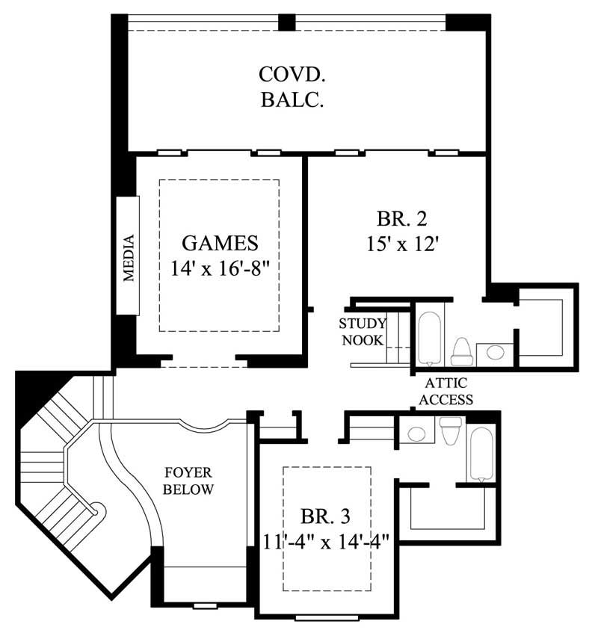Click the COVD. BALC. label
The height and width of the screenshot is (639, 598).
[292, 87]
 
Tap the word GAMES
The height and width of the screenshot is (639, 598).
[221, 243]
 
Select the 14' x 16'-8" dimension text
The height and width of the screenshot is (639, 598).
[221, 268]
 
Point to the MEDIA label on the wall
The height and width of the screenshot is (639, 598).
[129, 258]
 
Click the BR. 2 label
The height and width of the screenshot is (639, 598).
[401, 220]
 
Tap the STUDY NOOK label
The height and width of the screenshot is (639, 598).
[363, 332]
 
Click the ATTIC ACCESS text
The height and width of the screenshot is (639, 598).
[446, 392]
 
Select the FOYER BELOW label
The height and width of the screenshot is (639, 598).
[189, 481]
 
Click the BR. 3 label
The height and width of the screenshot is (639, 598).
[326, 516]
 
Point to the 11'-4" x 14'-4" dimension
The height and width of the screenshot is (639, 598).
[326, 539]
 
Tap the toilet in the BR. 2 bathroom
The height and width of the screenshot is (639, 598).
[461, 351]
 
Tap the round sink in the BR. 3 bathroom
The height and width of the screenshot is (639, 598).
[417, 432]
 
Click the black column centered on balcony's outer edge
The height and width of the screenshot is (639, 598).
[287, 22]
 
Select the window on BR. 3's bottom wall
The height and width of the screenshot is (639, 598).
[322, 617]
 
